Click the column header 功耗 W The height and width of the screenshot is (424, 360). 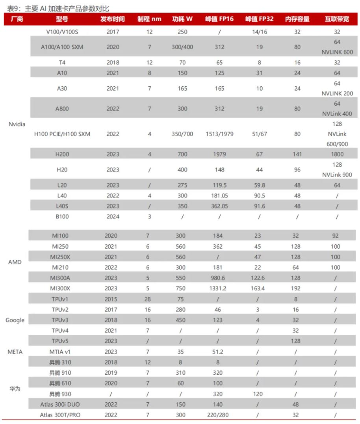click(182, 19)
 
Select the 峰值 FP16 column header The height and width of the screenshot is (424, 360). click(219, 19)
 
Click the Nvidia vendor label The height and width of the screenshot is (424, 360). click(17, 124)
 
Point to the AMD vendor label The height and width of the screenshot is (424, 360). click(15, 262)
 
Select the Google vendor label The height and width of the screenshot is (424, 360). click(15, 320)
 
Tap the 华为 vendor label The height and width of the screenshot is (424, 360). click(15, 389)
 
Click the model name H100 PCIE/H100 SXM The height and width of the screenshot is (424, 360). click(62, 134)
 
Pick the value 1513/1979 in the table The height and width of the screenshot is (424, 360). click(219, 134)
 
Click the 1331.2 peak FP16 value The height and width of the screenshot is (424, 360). click(218, 288)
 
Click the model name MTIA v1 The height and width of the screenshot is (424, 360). click(60, 351)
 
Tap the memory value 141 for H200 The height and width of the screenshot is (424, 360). click(297, 154)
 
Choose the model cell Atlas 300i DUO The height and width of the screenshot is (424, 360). click(60, 404)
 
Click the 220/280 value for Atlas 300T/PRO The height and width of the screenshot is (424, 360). click(218, 415)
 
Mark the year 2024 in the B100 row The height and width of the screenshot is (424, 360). click(113, 216)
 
